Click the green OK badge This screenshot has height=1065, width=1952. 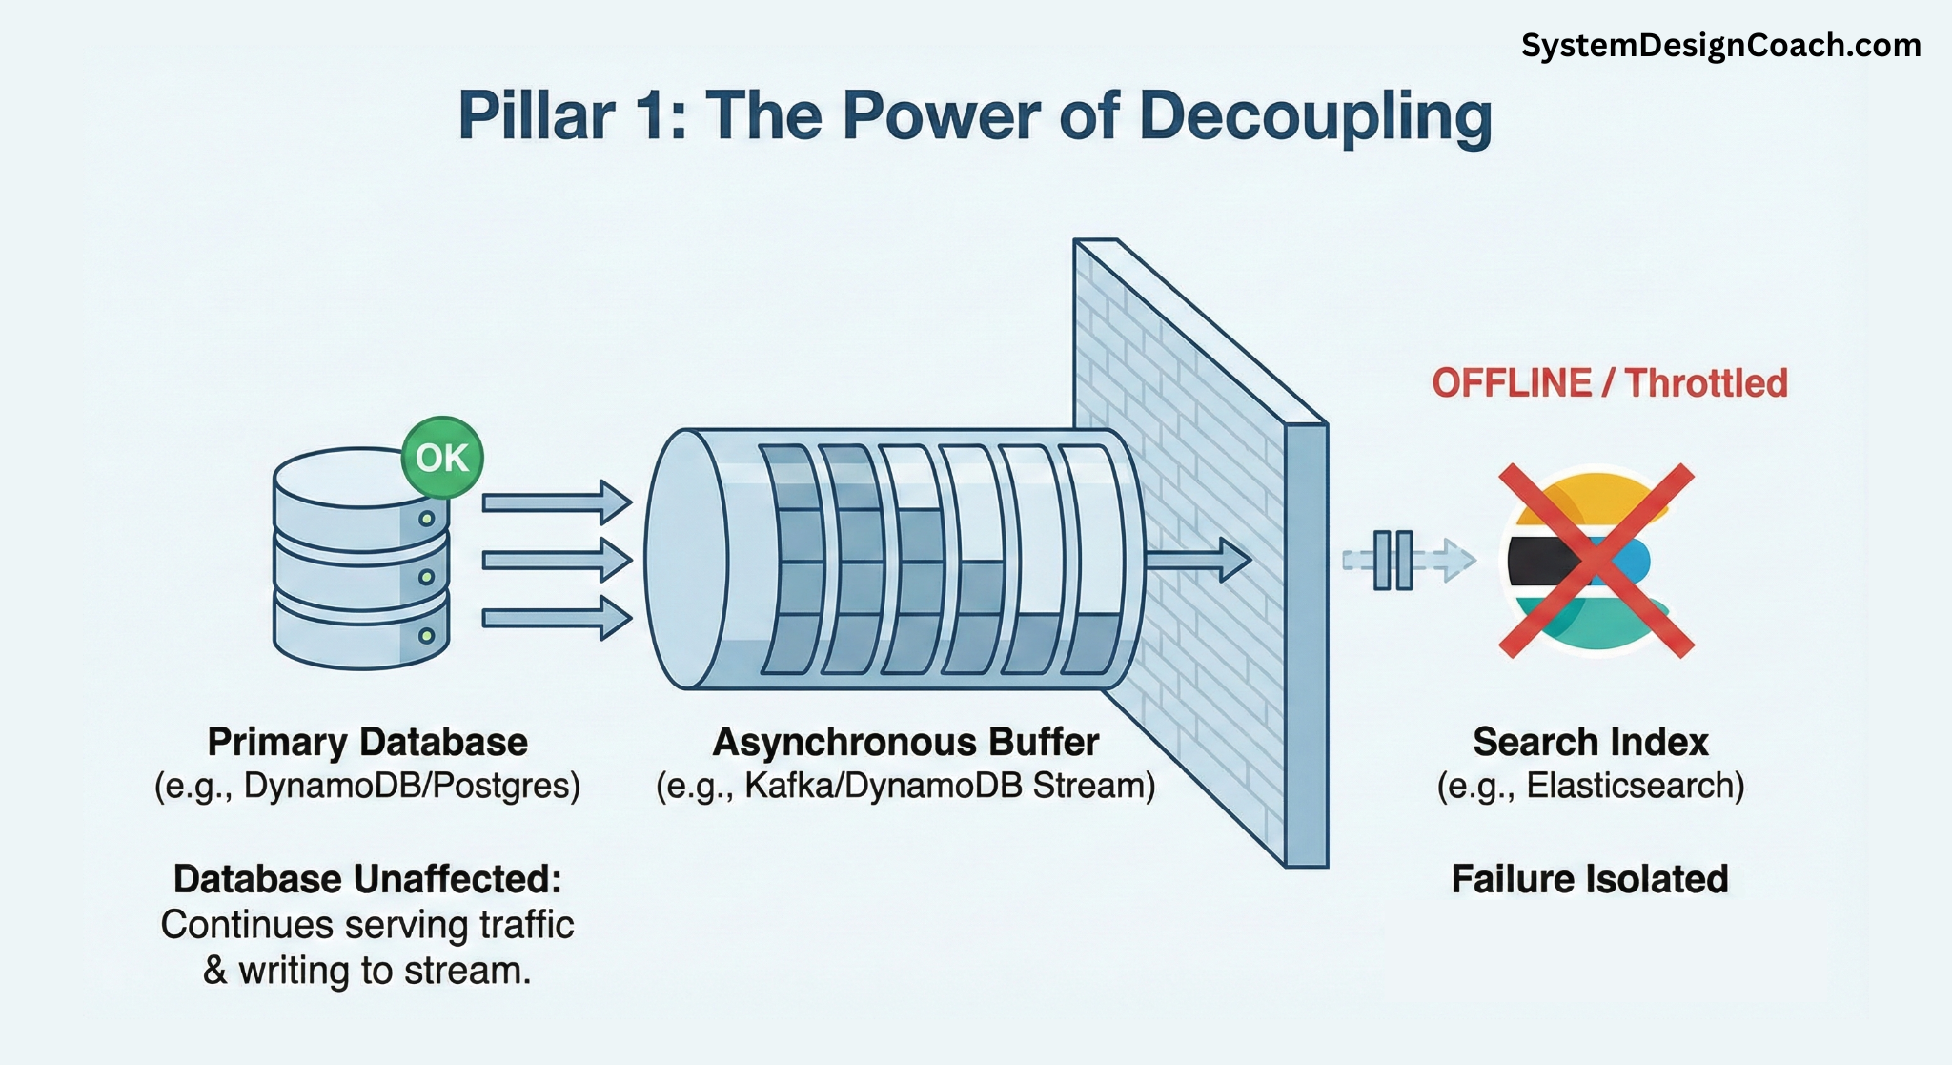442,458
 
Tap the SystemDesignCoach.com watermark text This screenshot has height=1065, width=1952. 1720,45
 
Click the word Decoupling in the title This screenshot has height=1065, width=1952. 1315,116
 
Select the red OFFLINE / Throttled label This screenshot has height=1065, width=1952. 1609,383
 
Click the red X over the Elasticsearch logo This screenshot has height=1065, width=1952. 1596,561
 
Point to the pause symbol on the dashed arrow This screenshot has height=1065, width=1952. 1393,561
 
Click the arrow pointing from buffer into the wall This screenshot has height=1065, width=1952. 1197,560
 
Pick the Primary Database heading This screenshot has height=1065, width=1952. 367,742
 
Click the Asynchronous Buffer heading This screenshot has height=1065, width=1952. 905,742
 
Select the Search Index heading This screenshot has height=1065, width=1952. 1590,742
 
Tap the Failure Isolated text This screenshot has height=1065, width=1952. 1589,879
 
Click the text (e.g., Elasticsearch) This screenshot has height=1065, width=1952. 1590,786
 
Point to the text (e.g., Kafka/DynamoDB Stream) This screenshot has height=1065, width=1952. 905,786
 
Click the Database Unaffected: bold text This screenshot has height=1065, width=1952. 367,879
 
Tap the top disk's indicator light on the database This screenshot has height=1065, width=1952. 426,520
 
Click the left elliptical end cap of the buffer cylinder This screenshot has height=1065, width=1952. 686,560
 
